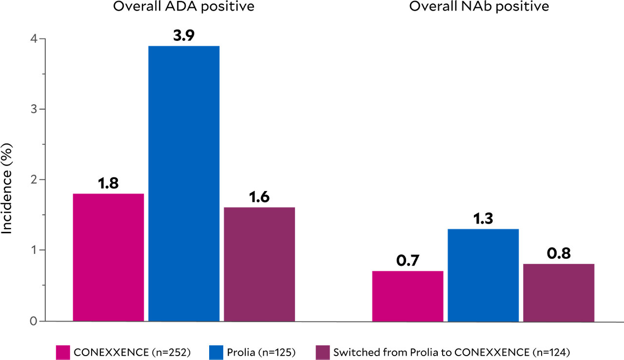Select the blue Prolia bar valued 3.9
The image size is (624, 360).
184,184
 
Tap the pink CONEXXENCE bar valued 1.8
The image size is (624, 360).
108,257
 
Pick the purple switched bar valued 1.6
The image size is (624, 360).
259,264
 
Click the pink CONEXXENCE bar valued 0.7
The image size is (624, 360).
408,296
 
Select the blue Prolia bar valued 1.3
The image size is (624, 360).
483,275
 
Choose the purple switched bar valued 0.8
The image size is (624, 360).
559,292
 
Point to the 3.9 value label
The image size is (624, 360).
184,36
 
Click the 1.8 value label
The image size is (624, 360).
108,184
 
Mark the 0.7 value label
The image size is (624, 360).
408,261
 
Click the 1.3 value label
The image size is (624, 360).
483,219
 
